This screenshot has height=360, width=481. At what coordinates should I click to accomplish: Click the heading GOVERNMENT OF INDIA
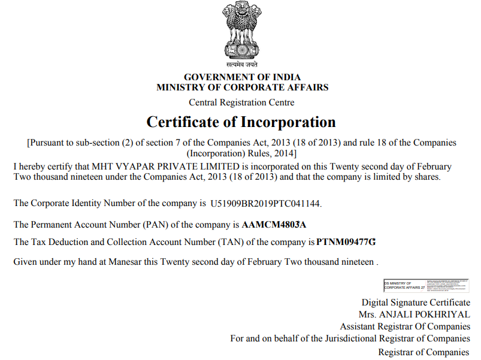click(x=242, y=77)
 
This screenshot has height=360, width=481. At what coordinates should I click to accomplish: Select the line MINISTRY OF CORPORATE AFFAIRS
click(x=242, y=87)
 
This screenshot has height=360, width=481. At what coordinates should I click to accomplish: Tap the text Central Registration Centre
click(x=241, y=102)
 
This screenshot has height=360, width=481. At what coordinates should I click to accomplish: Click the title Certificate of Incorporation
click(x=241, y=122)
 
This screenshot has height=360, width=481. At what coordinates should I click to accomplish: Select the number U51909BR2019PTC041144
click(x=265, y=204)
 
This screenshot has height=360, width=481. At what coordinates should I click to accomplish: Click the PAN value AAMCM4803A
click(x=274, y=225)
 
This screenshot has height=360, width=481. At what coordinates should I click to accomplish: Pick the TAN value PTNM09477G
click(x=346, y=243)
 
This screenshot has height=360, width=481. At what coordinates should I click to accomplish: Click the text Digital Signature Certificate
click(x=416, y=302)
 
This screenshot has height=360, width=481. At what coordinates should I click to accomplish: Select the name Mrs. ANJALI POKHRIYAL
click(x=415, y=314)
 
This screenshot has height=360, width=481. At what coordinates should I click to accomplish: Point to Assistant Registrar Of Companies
click(x=405, y=326)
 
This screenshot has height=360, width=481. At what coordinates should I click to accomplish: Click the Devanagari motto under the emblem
click(x=242, y=64)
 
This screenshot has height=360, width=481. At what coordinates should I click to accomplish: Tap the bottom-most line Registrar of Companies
click(x=423, y=352)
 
